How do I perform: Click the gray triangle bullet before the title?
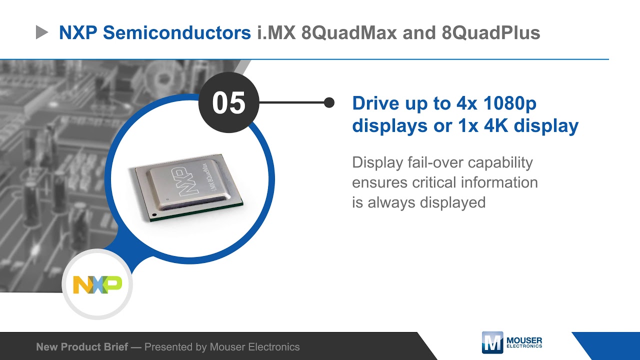[x=42, y=33]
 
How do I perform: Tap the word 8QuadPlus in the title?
[x=490, y=33]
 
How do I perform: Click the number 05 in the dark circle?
[x=229, y=102]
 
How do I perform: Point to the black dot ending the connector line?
[x=329, y=102]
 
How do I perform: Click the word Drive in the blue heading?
[x=375, y=103]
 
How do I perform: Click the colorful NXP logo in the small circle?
[x=97, y=284]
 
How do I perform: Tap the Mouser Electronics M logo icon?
[x=492, y=342]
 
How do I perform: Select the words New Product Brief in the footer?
[x=82, y=347]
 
